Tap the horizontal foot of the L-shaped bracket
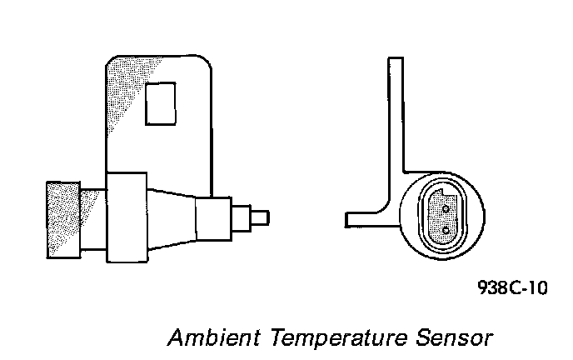point(365,218)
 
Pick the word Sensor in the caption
point(456,338)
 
